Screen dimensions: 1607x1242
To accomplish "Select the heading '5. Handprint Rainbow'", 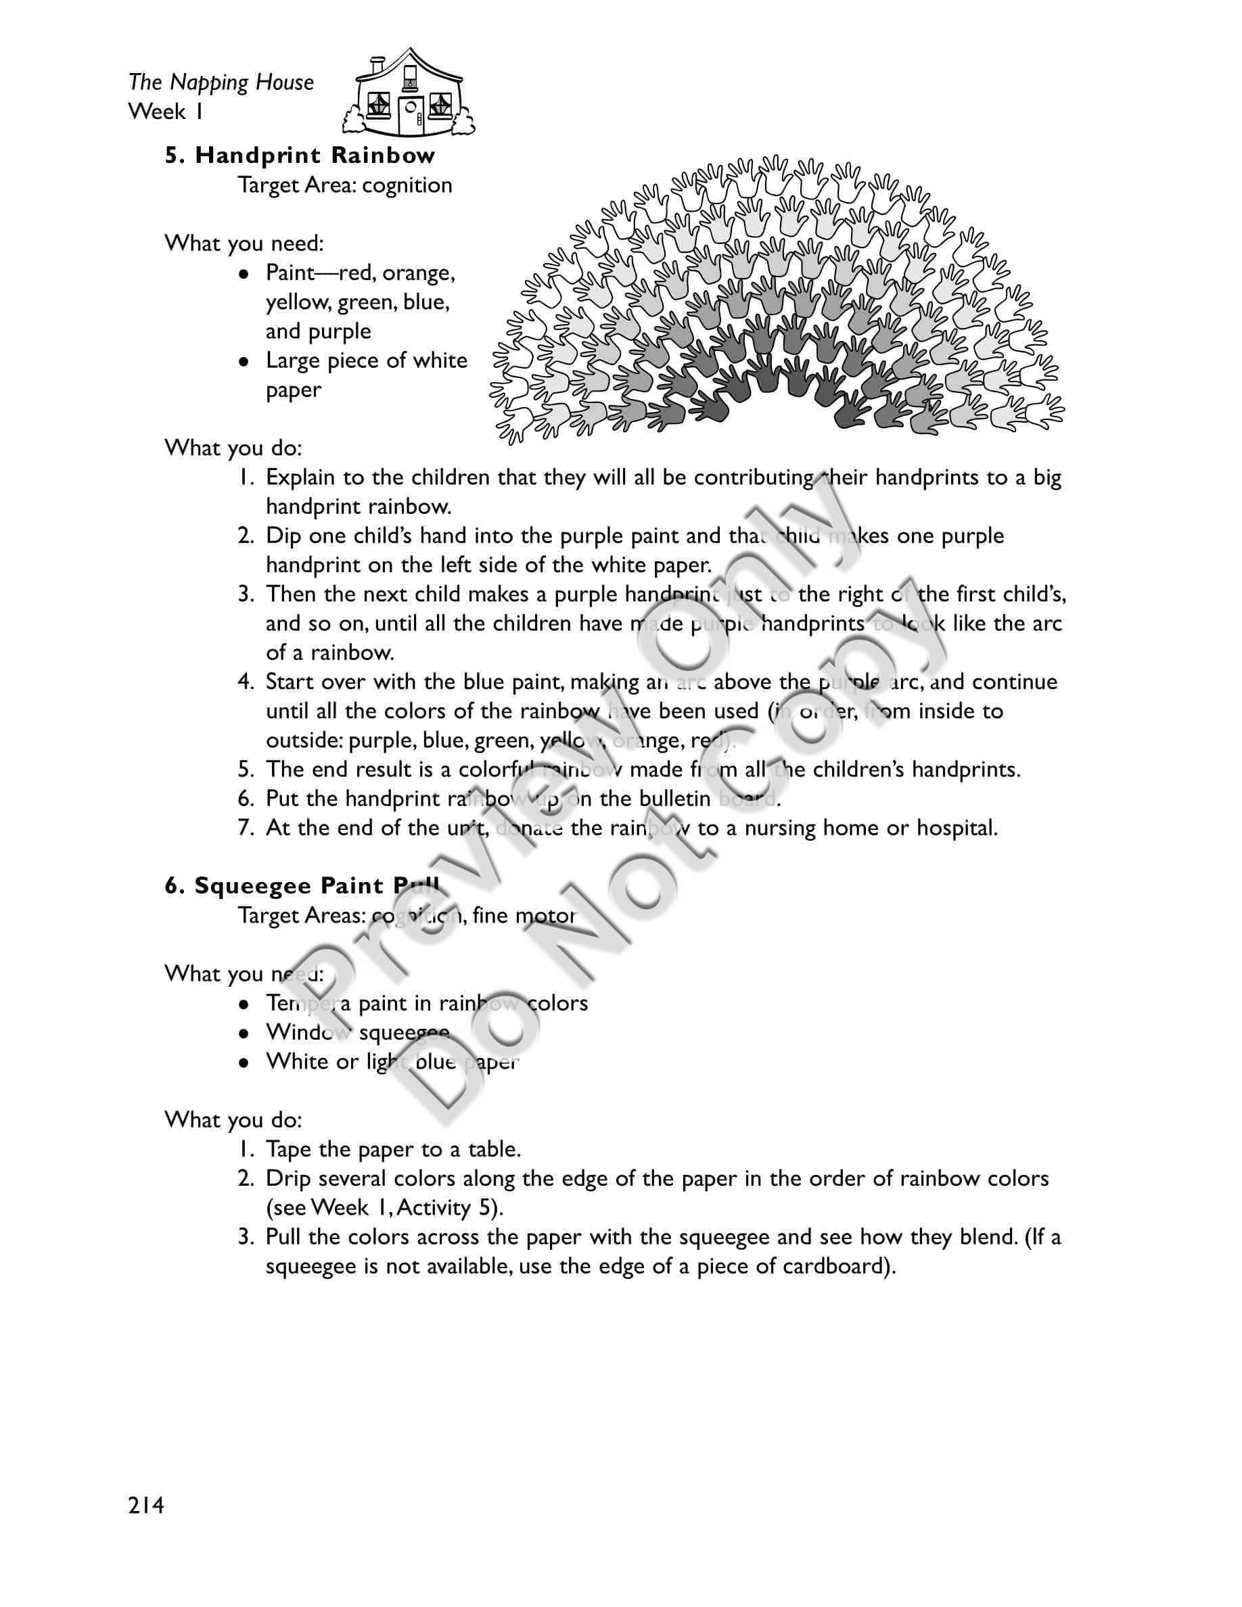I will pyautogui.click(x=300, y=156).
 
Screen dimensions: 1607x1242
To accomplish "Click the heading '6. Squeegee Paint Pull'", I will pyautogui.click(x=302, y=886).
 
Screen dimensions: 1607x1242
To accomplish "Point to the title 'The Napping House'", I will pyautogui.click(x=221, y=83).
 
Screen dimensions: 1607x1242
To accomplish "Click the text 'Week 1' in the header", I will pyautogui.click(x=166, y=112).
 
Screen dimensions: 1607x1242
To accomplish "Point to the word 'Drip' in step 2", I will pyautogui.click(x=285, y=1179).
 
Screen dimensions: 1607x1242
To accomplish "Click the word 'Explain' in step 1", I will pyautogui.click(x=301, y=478).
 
